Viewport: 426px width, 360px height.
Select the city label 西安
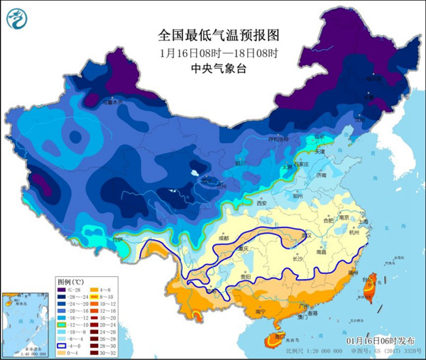[x=262, y=204]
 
